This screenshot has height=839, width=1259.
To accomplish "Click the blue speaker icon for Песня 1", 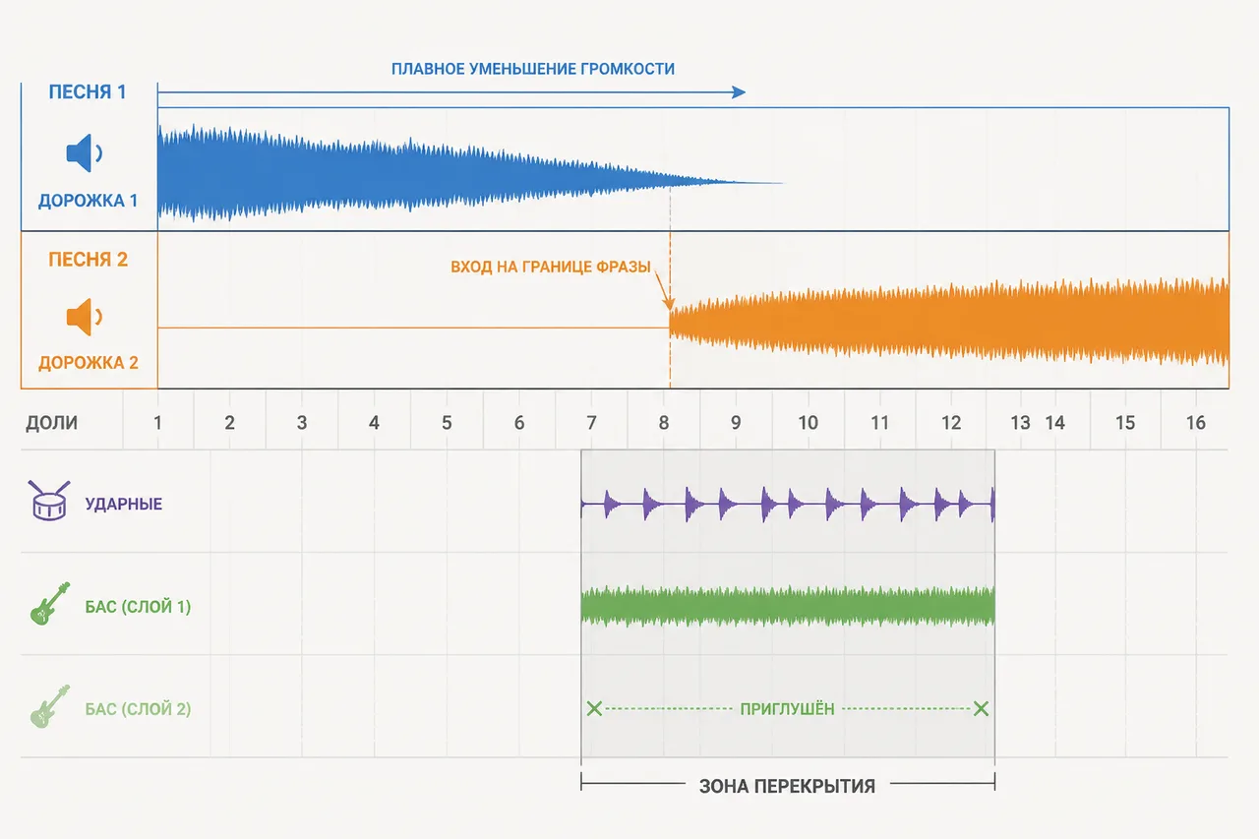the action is [x=84, y=152].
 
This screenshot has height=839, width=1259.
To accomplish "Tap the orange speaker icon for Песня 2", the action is [x=84, y=317].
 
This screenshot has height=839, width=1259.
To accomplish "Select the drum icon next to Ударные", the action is [x=49, y=500].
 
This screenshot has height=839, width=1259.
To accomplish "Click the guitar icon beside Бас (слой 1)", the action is [x=50, y=604].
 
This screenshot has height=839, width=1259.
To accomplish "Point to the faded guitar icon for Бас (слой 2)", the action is [x=50, y=706].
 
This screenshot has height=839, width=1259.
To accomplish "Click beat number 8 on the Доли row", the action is [x=664, y=423].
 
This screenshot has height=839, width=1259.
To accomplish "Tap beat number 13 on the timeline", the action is [x=1020, y=423].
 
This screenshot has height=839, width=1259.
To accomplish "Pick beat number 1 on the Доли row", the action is [x=158, y=423].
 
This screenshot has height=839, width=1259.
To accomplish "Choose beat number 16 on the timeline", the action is [x=1195, y=423].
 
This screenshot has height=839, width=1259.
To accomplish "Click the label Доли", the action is [x=52, y=423].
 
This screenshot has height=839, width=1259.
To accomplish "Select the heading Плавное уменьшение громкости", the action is [x=533, y=69].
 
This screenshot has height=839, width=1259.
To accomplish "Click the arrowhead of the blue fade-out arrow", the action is [x=740, y=92].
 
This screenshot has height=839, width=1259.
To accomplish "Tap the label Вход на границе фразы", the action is [x=550, y=267].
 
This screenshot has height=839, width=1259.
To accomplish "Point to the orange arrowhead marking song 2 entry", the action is [x=668, y=304].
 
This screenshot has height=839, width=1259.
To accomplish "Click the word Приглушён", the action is [x=787, y=709].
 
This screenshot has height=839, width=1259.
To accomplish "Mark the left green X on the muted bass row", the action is [x=594, y=708].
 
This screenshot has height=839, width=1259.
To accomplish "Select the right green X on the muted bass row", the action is [x=981, y=708].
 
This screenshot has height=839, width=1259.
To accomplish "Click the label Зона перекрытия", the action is [x=787, y=786].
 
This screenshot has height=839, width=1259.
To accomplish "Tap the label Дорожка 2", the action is [x=89, y=363].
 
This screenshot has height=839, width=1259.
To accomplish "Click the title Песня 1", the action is [x=88, y=91].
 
